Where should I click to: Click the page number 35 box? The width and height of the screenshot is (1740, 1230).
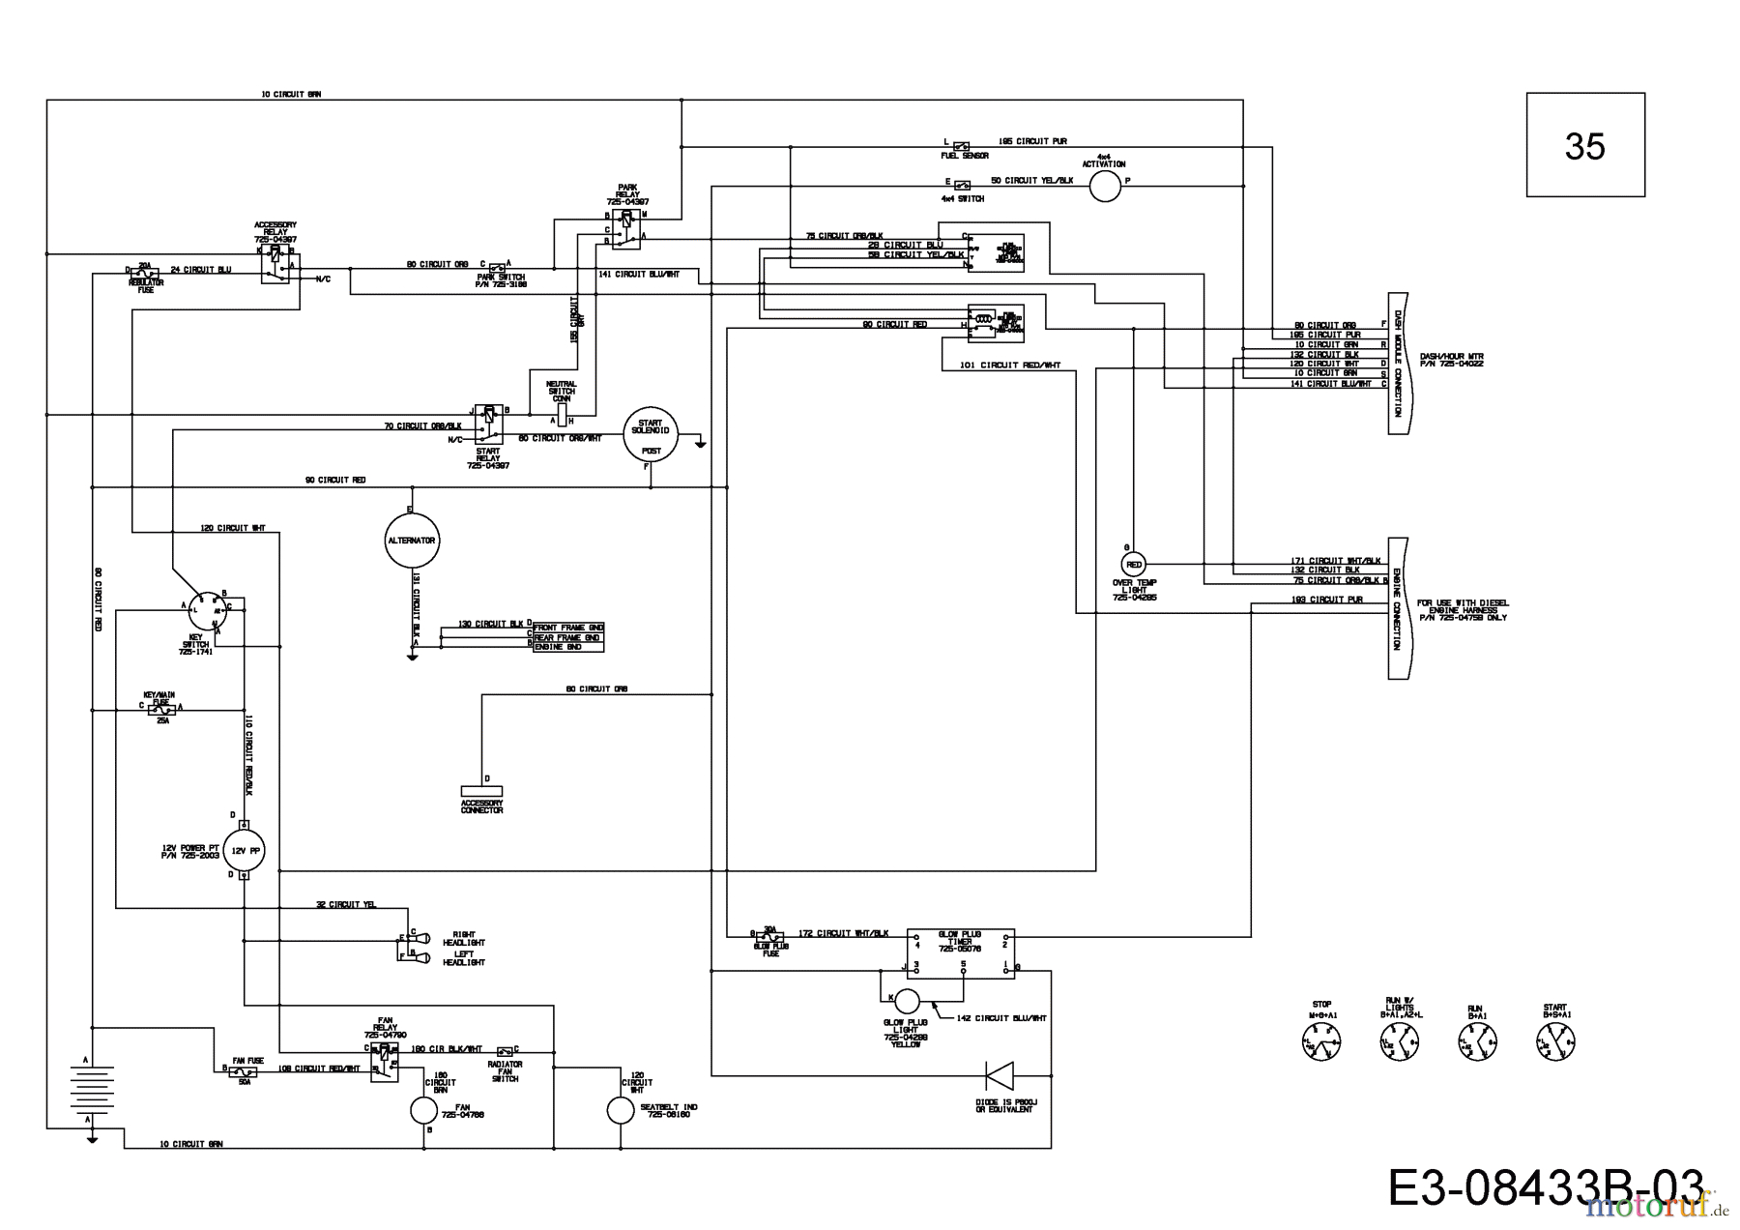pos(1584,145)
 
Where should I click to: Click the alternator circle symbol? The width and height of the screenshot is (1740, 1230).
pos(412,541)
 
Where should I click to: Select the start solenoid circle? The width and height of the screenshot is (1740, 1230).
pos(651,435)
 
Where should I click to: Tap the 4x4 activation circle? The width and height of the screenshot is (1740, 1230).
pos(1105,187)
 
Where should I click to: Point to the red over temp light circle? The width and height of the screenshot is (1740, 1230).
pos(1134,564)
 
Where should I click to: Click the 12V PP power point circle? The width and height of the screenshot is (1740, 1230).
pos(244,851)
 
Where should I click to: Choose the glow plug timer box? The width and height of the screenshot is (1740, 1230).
pos(960,953)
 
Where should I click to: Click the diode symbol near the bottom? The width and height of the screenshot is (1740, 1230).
pos(999,1075)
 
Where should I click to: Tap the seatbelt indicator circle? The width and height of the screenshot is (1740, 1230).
pos(620,1111)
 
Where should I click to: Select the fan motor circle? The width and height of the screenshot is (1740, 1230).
pos(423,1111)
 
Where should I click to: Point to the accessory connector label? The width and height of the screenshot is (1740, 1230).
pos(481,806)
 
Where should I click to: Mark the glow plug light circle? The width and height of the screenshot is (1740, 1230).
pos(907,1001)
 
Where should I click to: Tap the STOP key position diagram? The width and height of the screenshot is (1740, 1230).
pos(1321,1041)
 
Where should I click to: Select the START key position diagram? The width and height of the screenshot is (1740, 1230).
pos(1555,1040)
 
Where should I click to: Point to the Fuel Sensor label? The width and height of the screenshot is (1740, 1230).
pos(965,156)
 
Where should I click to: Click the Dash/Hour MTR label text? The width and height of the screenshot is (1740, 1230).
pos(1451,360)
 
